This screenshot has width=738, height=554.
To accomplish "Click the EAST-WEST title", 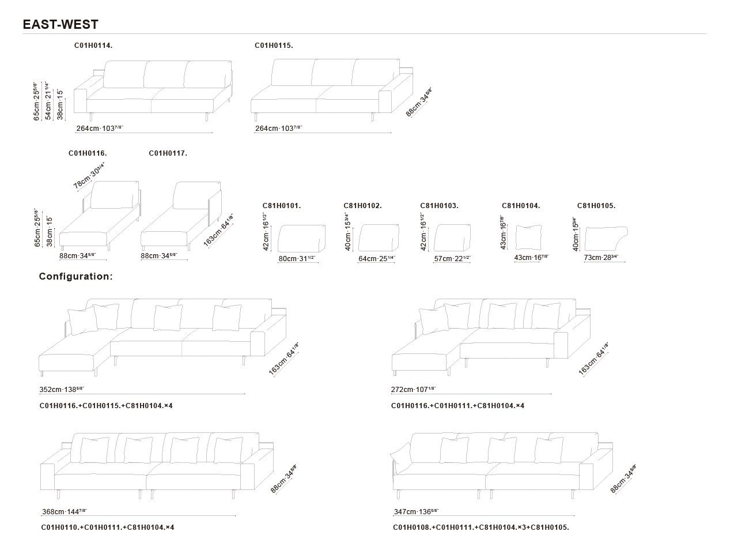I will pyautogui.click(x=60, y=24).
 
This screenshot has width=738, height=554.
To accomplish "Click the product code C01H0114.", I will pyautogui.click(x=93, y=45).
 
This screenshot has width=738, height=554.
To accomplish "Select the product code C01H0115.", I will pyautogui.click(x=274, y=45).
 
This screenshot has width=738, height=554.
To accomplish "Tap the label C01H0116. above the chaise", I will pyautogui.click(x=88, y=153).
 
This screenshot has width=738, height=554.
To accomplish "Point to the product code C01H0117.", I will pyautogui.click(x=168, y=153).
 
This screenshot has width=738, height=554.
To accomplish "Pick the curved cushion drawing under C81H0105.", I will pyautogui.click(x=605, y=237).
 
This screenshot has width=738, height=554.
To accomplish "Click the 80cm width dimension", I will pyautogui.click(x=297, y=259).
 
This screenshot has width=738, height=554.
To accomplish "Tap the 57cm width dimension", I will pyautogui.click(x=452, y=259).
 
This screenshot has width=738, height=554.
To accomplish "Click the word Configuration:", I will pyautogui.click(x=75, y=276).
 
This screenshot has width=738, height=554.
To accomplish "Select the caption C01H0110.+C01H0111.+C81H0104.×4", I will pyautogui.click(x=107, y=527).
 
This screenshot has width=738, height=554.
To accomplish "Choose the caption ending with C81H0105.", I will pyautogui.click(x=480, y=527).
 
